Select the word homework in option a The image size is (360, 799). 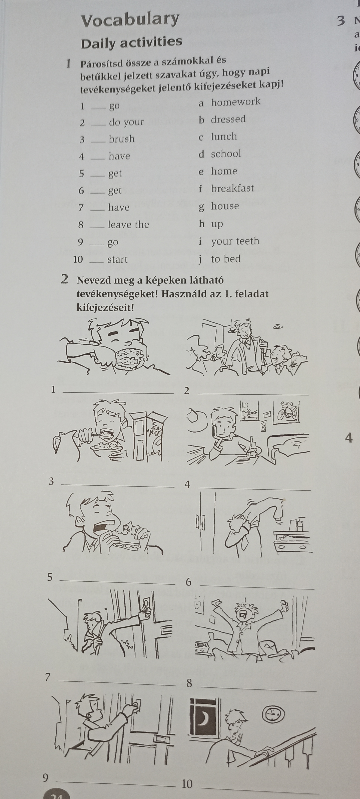(236, 102)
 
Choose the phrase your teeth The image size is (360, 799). (235, 241)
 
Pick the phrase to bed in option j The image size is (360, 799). (226, 259)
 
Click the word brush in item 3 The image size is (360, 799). (122, 139)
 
